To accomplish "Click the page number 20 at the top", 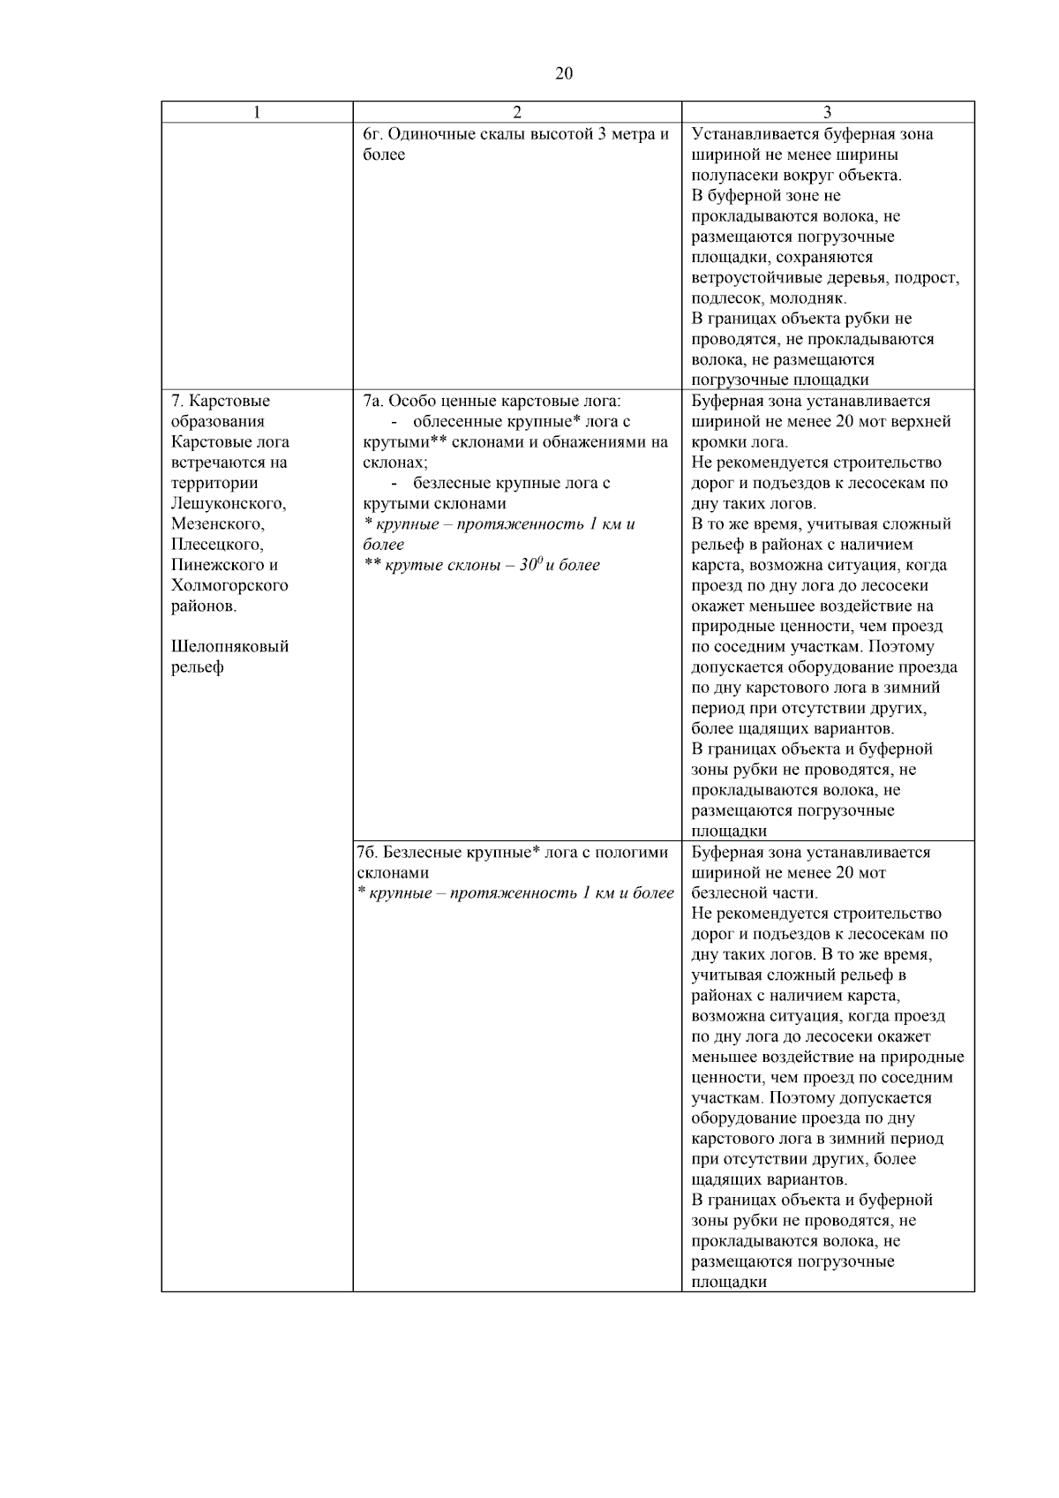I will (564, 73).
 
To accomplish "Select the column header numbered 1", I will (257, 112).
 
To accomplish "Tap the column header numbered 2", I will (517, 112).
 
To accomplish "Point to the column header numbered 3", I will (827, 112).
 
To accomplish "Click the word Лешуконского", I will (229, 503).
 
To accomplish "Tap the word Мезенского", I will (217, 523).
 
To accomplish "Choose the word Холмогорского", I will (229, 585).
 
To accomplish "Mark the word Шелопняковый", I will (229, 646).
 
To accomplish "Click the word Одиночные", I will (430, 134).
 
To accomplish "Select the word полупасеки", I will (737, 175).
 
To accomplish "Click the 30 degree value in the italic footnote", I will (529, 565).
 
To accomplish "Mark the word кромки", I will (718, 441).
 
